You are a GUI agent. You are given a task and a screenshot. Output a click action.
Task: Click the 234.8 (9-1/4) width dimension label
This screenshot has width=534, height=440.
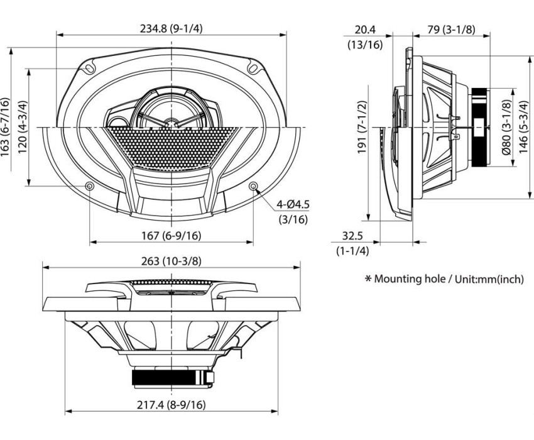click(x=172, y=27)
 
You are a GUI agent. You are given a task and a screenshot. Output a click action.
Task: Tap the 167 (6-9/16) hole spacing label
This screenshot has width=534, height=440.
click(x=172, y=236)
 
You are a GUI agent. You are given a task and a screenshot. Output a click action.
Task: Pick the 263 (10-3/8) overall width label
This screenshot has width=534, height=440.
click(x=171, y=261)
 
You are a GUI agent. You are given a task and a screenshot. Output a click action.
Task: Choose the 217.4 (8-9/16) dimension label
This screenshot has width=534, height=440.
click(x=171, y=406)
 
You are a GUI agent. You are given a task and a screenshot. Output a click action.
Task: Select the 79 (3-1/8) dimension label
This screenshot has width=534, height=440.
click(x=451, y=30)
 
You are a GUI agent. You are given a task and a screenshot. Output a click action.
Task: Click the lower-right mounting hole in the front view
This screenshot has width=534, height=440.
click(x=253, y=187)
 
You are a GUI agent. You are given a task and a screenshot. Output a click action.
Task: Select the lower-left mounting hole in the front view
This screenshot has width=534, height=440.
click(x=89, y=187)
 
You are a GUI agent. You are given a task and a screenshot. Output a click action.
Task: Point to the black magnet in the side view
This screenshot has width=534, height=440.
click(x=481, y=127)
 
